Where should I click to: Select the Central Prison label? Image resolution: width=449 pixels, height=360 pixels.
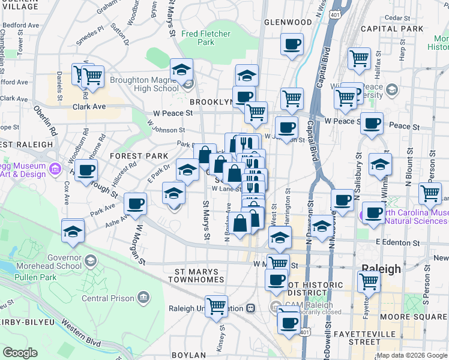click(103, 298)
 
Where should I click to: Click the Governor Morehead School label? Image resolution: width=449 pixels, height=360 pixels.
click(55, 261)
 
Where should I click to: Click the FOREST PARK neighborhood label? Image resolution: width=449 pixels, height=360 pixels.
click(139, 156)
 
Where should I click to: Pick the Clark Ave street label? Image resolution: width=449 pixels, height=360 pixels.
click(89, 107)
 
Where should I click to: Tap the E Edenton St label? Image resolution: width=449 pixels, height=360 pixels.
click(398, 242)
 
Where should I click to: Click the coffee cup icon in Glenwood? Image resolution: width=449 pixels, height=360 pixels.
click(292, 44)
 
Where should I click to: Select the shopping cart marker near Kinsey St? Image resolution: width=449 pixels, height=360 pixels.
click(216, 305)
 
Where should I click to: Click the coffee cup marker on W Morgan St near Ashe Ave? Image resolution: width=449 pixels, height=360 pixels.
click(136, 203)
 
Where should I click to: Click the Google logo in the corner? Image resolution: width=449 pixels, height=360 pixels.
click(20, 353)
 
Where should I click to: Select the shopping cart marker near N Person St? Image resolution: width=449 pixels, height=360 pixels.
click(430, 193)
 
